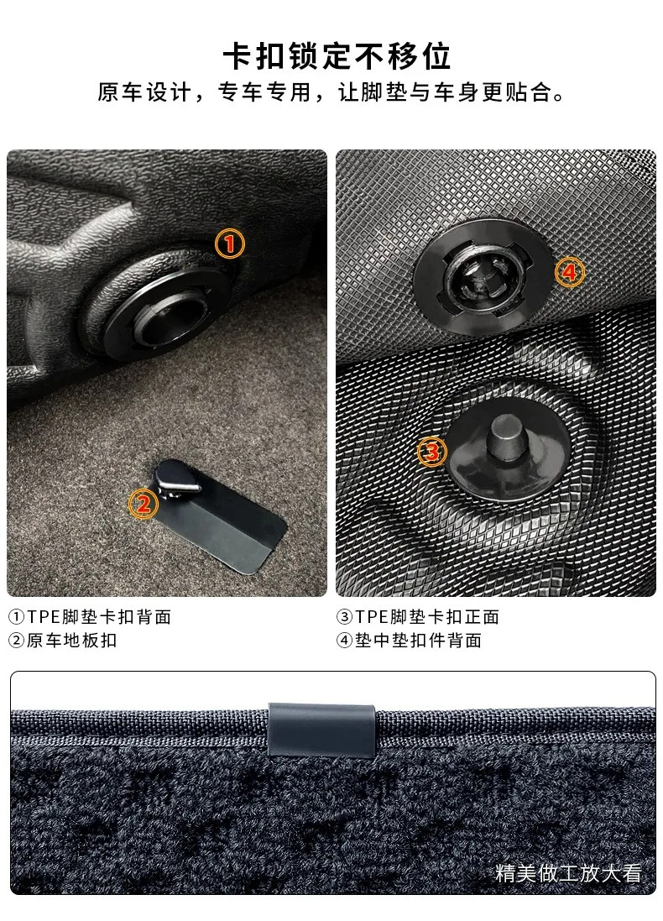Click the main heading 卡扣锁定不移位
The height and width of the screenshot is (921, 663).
(337, 56)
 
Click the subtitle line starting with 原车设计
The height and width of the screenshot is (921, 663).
(331, 93)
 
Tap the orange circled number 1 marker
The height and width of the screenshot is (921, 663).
(230, 243)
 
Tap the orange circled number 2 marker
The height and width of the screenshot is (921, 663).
(144, 504)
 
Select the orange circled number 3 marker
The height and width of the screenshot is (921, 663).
(432, 452)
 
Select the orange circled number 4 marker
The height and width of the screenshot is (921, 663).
(570, 272)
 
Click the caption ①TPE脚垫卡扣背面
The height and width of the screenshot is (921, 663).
(90, 617)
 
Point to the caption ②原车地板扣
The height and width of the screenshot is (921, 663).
(63, 641)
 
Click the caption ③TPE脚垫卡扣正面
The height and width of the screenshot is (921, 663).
(418, 617)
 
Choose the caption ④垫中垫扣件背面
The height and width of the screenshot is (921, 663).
(410, 641)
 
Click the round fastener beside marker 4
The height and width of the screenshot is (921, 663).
(483, 277)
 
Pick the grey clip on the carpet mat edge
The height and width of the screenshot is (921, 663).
(321, 730)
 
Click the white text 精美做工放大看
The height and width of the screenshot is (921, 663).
(568, 873)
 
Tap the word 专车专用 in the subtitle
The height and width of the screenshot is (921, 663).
(264, 93)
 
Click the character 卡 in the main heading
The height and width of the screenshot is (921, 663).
(238, 56)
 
